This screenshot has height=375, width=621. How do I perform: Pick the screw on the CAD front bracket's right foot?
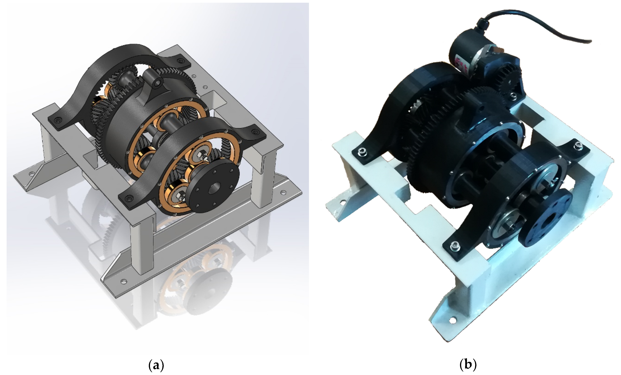[x=255, y=132]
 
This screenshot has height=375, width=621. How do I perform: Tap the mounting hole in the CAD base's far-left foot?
[x=32, y=174]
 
